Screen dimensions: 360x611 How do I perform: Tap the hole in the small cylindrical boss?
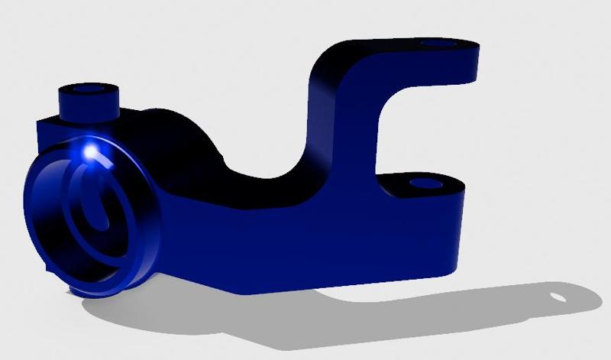(x=89, y=90)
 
